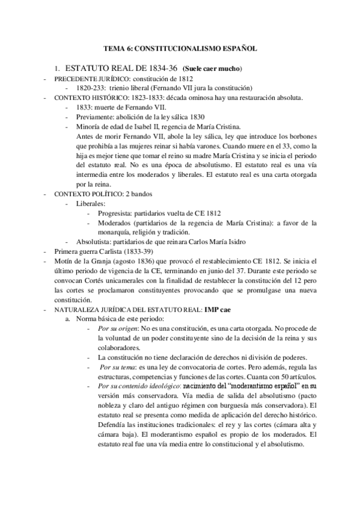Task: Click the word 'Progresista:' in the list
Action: pos(117,214)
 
